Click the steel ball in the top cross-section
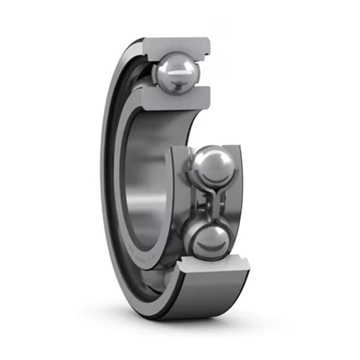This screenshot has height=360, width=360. tap(177, 72)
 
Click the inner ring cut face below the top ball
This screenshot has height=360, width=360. tap(177, 99)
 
